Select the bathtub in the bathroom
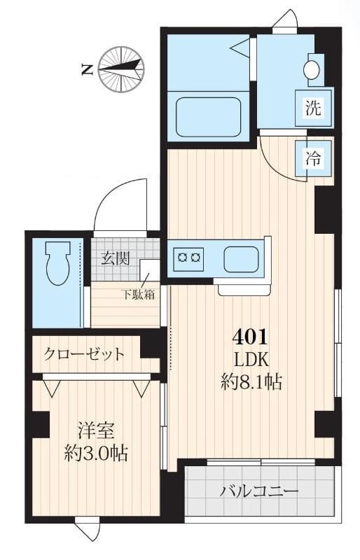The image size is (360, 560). click(x=209, y=117)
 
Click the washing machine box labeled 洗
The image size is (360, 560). click(x=313, y=108)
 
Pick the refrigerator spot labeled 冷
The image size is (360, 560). click(x=313, y=158)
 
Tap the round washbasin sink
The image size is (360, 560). click(x=311, y=69)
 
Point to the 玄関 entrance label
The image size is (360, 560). click(x=115, y=258)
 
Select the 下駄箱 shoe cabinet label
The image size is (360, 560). click(x=140, y=294)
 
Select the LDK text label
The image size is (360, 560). click(x=250, y=360)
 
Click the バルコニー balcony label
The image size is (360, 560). click(x=259, y=490)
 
